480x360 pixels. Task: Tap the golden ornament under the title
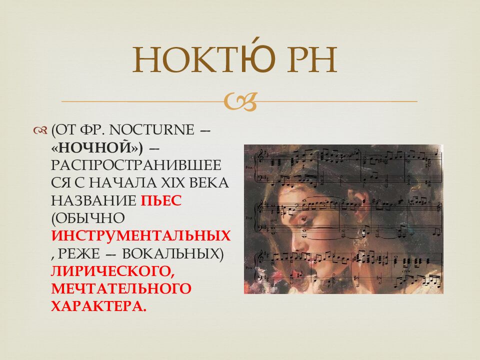coord(240,101)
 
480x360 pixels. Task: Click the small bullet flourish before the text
coord(40,130)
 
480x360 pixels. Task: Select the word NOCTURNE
coord(151,130)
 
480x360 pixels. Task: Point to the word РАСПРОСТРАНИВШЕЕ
coord(136,165)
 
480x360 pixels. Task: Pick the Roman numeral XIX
coord(168,183)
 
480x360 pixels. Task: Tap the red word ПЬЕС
coord(161,201)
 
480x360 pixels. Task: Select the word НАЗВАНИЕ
coord(93,201)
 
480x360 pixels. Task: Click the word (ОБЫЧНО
coord(88,218)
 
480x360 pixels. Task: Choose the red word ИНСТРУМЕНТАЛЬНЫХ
coord(141,236)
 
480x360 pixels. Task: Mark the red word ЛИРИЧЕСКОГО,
coord(113,271)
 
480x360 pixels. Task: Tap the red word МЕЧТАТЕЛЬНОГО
coord(121,289)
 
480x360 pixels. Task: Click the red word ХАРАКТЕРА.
coord(99,306)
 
